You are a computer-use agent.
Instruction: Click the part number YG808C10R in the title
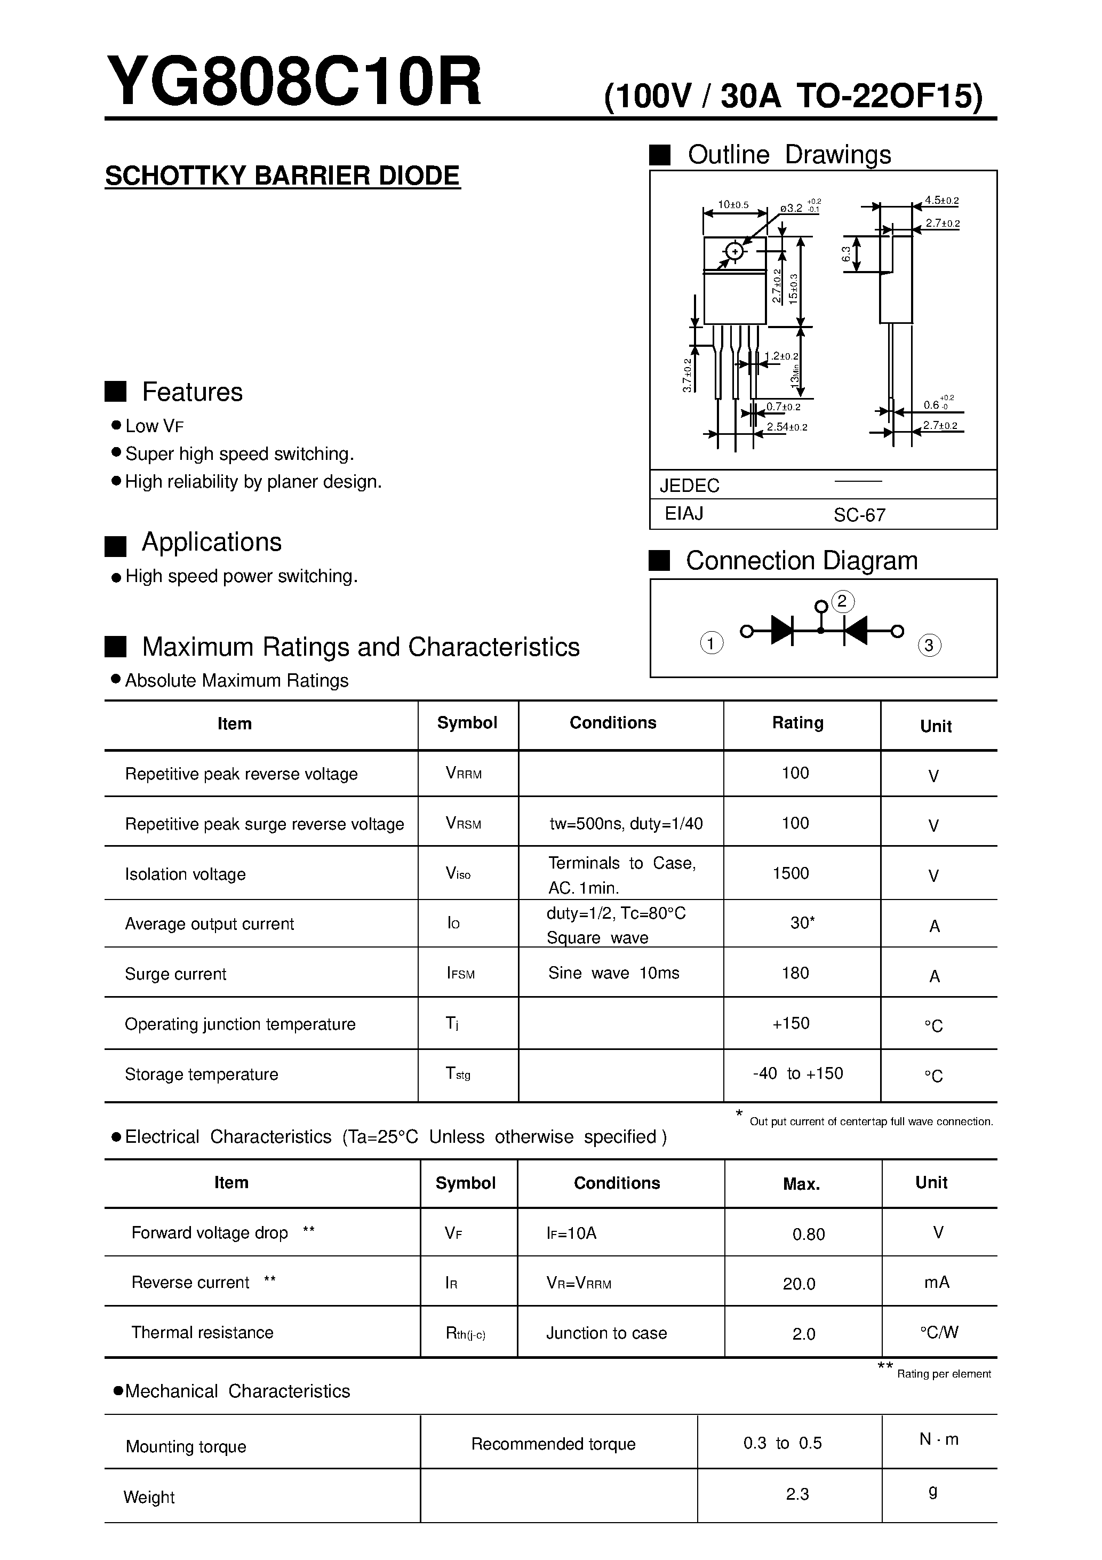[x=293, y=82]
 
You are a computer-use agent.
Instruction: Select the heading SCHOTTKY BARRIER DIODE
[x=283, y=176]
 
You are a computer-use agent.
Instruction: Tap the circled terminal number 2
[x=842, y=601]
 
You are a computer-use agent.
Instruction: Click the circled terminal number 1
[x=712, y=643]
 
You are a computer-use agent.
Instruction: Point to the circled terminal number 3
[x=929, y=645]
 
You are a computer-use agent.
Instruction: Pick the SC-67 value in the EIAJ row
[x=859, y=515]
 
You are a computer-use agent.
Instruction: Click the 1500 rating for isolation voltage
[x=791, y=873]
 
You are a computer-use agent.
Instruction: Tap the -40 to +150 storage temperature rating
[x=797, y=1073]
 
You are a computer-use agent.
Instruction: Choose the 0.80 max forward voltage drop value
[x=809, y=1234]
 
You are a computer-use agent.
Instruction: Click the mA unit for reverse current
[x=936, y=1282]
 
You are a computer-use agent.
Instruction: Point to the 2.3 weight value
[x=797, y=1494]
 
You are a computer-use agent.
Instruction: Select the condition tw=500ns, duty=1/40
[x=626, y=824]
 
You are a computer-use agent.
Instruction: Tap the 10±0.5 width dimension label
[x=733, y=204]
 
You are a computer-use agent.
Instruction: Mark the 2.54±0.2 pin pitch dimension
[x=787, y=427]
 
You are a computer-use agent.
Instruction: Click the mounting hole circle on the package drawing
[x=734, y=251]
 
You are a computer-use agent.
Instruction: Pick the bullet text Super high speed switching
[x=240, y=454]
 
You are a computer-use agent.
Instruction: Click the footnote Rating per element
[x=944, y=1374]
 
